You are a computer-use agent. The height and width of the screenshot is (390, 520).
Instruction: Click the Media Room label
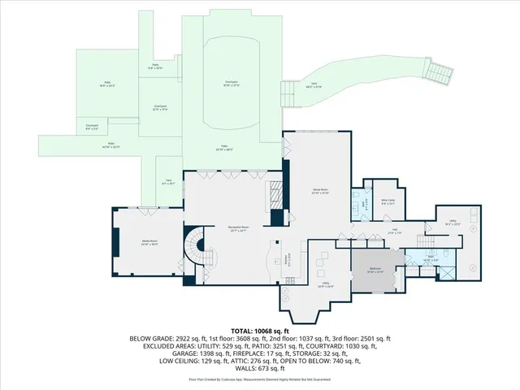148,242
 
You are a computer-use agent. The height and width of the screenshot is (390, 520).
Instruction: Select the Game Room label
319,192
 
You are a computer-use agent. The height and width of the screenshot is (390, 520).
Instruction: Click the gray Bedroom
375,272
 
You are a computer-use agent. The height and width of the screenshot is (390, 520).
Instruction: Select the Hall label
392,232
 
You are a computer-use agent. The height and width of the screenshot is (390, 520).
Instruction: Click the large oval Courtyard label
231,83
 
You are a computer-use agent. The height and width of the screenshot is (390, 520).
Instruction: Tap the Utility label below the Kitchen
323,285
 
